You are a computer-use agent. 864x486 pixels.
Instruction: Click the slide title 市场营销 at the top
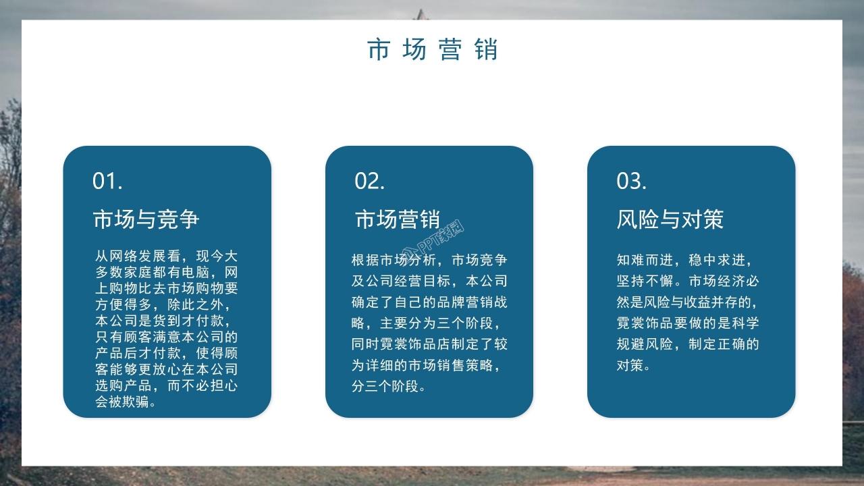[432, 51]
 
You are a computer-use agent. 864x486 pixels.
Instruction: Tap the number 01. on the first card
[107, 181]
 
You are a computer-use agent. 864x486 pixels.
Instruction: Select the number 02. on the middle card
[370, 181]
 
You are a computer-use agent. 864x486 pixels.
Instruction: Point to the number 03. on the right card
[631, 181]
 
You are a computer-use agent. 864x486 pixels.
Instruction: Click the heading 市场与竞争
[146, 219]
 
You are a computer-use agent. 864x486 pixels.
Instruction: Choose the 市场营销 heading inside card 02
[398, 219]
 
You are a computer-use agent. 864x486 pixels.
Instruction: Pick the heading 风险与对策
[670, 219]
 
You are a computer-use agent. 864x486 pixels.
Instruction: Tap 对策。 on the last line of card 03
[634, 366]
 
